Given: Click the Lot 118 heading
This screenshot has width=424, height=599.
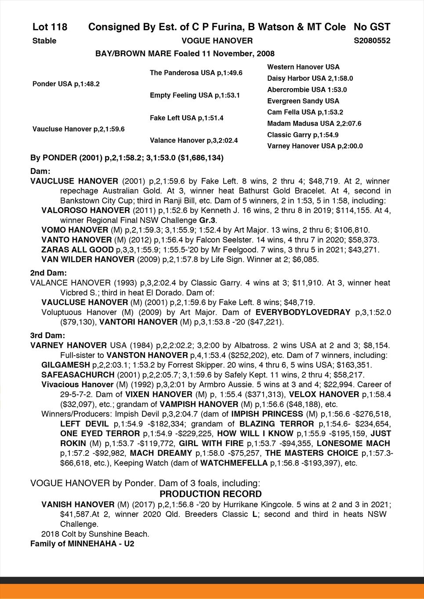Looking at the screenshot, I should (50, 27).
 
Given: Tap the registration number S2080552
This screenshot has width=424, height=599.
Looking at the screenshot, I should (372, 41).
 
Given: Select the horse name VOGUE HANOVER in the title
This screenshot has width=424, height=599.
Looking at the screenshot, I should (217, 41).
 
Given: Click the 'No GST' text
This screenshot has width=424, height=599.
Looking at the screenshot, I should (372, 27).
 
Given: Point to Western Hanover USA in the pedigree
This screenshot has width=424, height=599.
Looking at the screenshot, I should (303, 67).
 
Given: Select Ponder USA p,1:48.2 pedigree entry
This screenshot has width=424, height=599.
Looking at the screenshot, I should (66, 84).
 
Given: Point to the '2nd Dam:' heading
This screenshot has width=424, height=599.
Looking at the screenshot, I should (48, 273).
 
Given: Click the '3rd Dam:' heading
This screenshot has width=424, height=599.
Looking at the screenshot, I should (47, 336).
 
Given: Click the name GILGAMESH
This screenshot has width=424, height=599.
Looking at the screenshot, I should (65, 365).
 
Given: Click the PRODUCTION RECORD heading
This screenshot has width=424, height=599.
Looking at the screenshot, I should (210, 494).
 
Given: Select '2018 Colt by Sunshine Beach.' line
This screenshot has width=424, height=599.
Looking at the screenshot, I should (95, 534).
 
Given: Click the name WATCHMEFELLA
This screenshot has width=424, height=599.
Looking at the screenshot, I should (234, 463).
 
